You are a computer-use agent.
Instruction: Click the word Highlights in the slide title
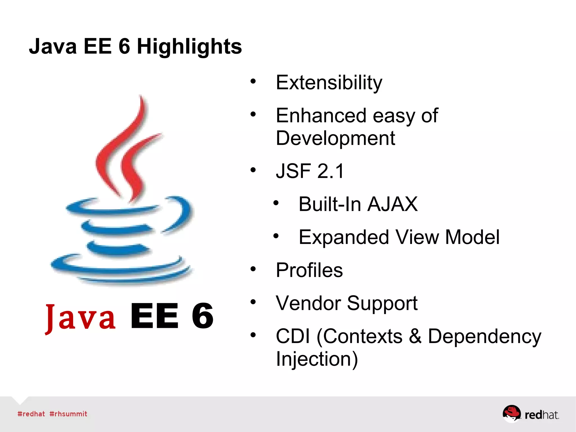189,47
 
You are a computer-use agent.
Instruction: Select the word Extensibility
329,83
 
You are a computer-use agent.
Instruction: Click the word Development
335,138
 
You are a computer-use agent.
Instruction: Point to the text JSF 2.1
310,171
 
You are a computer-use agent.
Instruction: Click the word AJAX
392,204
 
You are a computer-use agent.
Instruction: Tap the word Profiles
309,270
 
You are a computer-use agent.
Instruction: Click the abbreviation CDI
292,336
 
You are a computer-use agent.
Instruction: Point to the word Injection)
317,359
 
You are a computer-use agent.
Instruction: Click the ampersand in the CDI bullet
415,336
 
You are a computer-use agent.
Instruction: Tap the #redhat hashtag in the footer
31,414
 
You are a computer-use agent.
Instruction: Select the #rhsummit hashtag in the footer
68,414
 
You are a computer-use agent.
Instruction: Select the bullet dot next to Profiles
253,269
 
